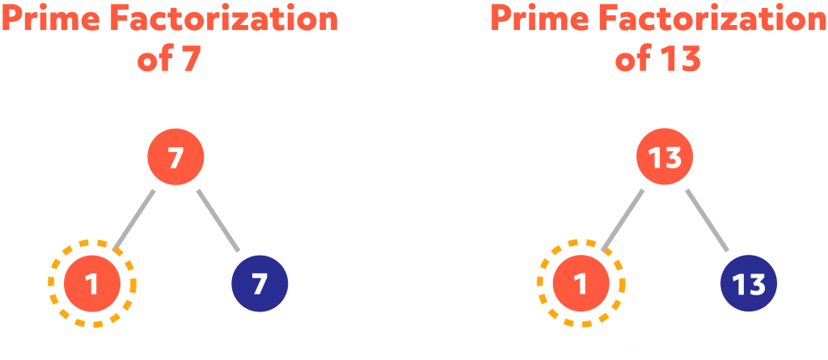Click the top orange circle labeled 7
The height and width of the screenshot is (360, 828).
[x=175, y=157]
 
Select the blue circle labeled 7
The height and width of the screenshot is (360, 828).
[x=260, y=284]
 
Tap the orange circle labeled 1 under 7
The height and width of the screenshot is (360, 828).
[x=92, y=284]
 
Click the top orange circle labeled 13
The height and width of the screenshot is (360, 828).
[x=665, y=157]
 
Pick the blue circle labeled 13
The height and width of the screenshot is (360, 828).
[x=749, y=284]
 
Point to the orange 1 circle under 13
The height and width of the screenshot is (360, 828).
[x=581, y=284]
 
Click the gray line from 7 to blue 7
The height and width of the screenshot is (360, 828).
[x=218, y=220]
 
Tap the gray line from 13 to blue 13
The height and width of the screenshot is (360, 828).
[x=708, y=220]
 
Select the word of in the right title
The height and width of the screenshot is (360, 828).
[x=633, y=60]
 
